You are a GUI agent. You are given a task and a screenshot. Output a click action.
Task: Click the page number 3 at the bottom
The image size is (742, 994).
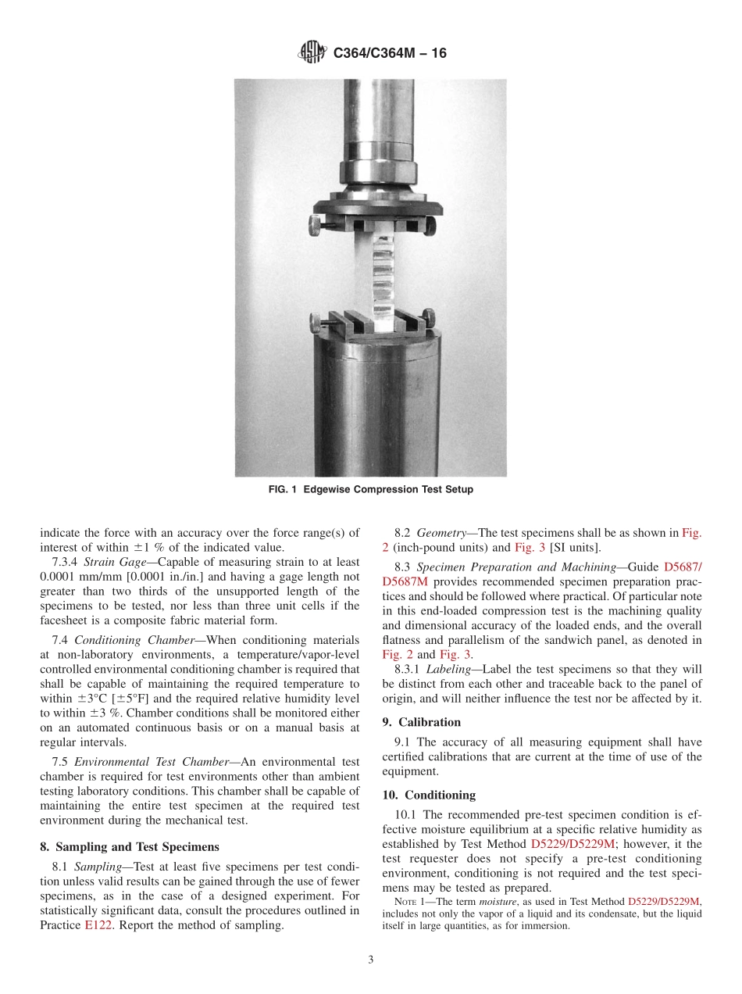370,960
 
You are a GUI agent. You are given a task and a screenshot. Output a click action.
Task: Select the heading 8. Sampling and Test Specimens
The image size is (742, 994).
130,846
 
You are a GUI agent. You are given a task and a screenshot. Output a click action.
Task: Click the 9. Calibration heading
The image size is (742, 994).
422,722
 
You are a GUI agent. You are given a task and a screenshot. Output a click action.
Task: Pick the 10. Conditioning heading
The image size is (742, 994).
429,795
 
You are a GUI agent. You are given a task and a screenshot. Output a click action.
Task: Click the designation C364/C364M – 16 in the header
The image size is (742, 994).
389,53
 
